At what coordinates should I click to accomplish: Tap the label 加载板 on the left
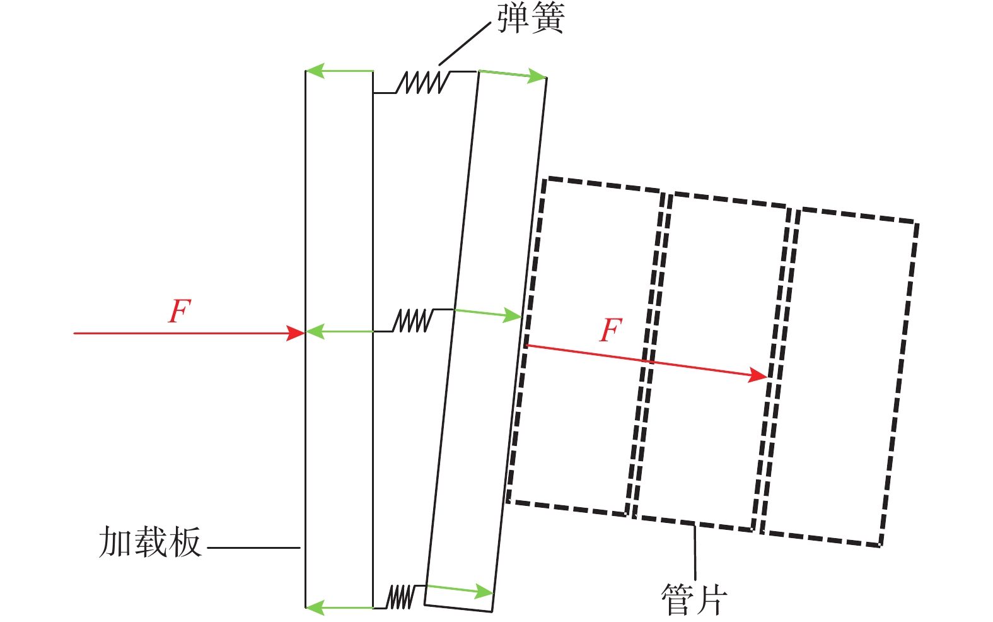coord(150,542)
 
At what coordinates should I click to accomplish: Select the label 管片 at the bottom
coord(694,599)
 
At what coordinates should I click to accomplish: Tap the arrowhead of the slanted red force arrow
coord(758,375)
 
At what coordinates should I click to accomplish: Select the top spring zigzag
coord(422,82)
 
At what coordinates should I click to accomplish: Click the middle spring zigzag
coord(413,320)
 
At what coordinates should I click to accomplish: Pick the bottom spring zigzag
coord(400,597)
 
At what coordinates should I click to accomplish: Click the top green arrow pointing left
coord(340,71)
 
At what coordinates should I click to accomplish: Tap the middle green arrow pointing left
coord(340,331)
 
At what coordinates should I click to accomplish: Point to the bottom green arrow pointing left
coord(340,607)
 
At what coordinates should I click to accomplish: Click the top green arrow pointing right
coord(513,74)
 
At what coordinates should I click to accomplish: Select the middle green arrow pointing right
coord(488,314)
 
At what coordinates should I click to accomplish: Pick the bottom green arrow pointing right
coord(460,590)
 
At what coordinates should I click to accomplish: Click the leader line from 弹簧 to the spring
coord(465,44)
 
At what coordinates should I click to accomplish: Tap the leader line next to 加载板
coord(253,548)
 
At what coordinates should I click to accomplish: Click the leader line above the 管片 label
coord(695,551)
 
